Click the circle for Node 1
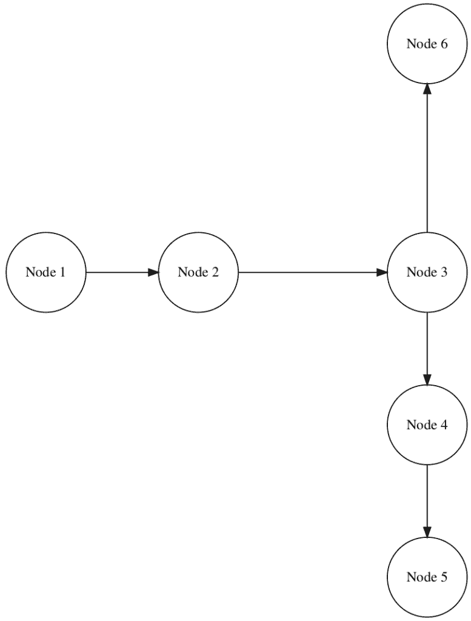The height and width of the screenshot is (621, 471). click(x=45, y=272)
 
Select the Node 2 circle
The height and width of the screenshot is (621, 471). click(x=198, y=272)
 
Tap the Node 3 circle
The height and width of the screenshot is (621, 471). click(x=427, y=272)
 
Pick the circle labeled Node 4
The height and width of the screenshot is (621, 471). click(x=427, y=425)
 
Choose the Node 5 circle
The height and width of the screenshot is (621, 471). click(x=427, y=577)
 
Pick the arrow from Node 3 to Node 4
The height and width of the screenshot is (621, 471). click(x=427, y=349)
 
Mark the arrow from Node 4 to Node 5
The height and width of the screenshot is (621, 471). click(x=427, y=501)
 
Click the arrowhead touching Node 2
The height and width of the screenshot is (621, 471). click(x=152, y=272)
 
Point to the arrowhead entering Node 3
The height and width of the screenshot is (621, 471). click(x=381, y=272)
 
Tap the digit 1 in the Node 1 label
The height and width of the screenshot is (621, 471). click(x=62, y=272)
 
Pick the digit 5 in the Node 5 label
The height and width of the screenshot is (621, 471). click(x=444, y=577)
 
